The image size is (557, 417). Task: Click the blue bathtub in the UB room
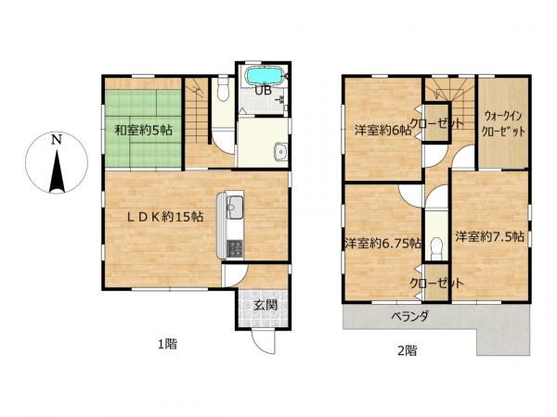pos(266,76)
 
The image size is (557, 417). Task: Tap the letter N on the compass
pos(56,140)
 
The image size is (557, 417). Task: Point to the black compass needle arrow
pos(57,171)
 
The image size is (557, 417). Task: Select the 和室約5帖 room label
pos(143,131)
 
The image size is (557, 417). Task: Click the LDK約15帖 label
pos(165,216)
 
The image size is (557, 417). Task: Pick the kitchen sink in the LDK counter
pos(235,207)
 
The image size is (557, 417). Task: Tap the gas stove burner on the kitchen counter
pos(235,248)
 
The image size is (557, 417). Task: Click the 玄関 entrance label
pos(265,305)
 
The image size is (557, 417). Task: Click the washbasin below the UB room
pos(281,152)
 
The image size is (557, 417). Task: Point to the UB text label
pos(264,91)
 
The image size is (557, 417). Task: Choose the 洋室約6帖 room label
pos(382,131)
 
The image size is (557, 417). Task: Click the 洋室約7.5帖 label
pos(490,236)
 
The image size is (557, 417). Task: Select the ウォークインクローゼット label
pos(503,124)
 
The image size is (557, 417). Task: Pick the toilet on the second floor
pos(436,249)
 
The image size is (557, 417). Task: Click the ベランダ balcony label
pos(410,316)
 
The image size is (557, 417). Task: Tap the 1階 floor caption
pos(167,344)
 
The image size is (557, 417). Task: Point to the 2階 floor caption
pos(408,350)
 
